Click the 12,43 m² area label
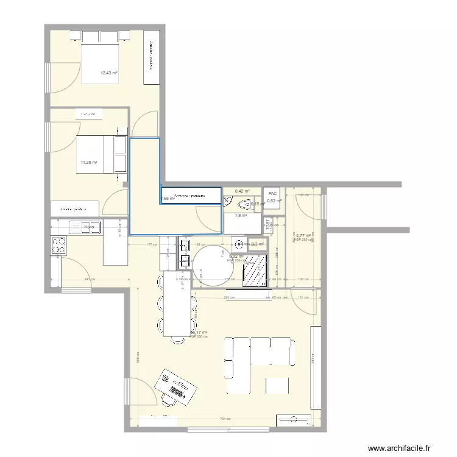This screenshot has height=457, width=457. coord(109,73)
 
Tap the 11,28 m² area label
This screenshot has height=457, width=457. coord(89,162)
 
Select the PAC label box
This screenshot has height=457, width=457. coord(272,194)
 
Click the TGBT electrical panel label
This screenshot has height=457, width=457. coord(267,224)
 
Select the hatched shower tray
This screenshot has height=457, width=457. coord(255,269)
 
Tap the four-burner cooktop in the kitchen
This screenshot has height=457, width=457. coord(58,244)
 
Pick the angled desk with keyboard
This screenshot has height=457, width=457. coord(176,386)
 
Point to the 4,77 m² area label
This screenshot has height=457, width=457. coord(303,234)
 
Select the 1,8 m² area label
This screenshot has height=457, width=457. coord(241,215)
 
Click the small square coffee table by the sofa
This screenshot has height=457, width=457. coord(277,385)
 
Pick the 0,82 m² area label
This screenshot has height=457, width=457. coord(274,201)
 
